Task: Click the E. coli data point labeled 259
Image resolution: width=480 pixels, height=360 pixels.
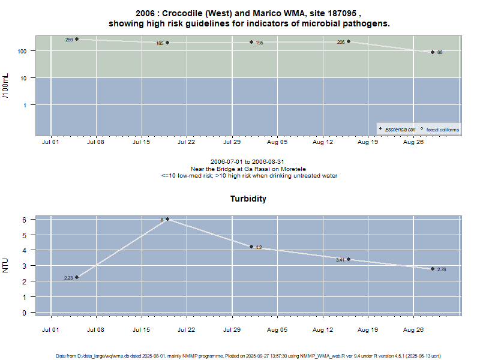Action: (77, 39)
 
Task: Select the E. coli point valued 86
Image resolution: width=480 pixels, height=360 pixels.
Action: (432, 52)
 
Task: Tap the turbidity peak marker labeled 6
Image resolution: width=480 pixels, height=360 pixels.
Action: (167, 219)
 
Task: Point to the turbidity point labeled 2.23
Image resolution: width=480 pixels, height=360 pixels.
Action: (77, 277)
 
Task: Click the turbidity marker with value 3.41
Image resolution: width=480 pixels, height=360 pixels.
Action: (349, 259)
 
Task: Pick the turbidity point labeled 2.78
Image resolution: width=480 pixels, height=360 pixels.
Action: (432, 269)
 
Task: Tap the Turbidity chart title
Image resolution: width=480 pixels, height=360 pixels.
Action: (248, 199)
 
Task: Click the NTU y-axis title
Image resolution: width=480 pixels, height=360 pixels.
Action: (7, 265)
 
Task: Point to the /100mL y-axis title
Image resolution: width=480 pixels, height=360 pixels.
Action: (7, 85)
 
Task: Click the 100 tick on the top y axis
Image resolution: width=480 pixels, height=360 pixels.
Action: (23, 51)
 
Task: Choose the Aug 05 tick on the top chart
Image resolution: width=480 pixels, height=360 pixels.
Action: (277, 143)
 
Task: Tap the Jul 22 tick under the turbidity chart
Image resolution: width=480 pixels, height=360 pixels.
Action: (187, 330)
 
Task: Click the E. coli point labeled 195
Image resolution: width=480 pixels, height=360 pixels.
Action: (252, 42)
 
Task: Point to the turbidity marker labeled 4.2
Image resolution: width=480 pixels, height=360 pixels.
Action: (252, 247)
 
